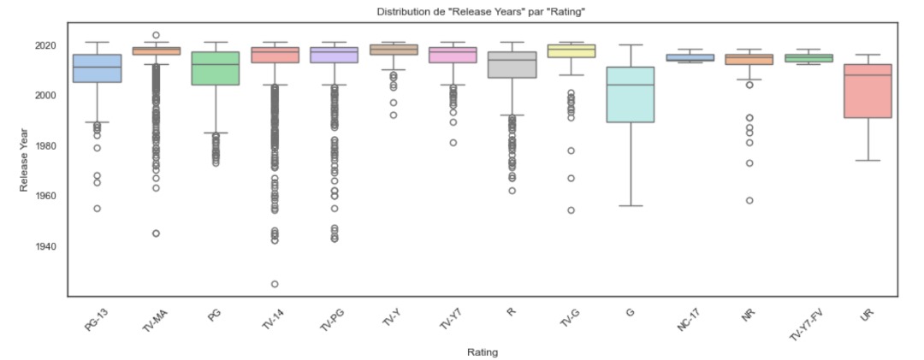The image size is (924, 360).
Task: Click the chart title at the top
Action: [483, 11]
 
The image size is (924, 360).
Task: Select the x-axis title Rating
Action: [483, 351]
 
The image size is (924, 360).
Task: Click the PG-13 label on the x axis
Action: [97, 319]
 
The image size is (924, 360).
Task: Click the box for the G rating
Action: [630, 94]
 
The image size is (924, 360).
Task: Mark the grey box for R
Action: [512, 65]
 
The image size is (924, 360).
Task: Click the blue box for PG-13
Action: [97, 68]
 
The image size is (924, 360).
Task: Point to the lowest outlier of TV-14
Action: [275, 284]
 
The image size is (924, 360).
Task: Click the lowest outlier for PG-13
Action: [97, 208]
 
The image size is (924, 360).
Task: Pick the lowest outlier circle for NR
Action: [749, 200]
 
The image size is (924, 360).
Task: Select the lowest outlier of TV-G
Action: [571, 210]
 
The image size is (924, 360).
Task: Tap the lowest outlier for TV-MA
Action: [156, 233]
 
